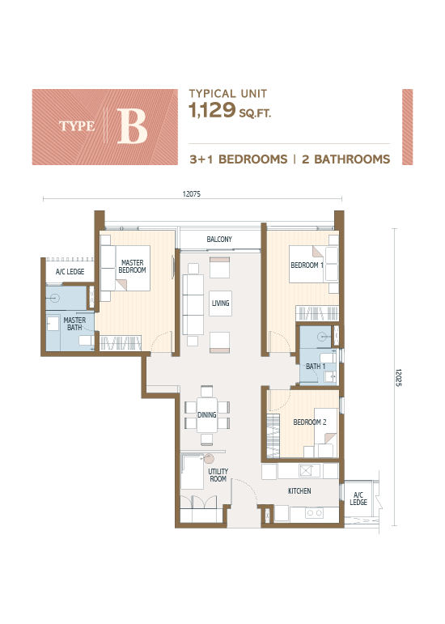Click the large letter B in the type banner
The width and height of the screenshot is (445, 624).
pos(132,127)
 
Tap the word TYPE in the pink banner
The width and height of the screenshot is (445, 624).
pos(78,126)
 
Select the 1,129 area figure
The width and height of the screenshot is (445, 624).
pos(212,112)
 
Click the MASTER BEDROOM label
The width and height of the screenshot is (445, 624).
pos(132,266)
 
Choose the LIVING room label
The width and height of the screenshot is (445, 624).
pos(220,304)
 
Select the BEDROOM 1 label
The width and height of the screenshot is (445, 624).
pos(307,265)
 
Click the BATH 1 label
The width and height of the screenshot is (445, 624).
pos(316,367)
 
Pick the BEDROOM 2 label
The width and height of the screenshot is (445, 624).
pos(310,422)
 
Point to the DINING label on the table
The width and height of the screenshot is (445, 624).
pos(207,415)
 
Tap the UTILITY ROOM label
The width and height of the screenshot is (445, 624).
pos(218,475)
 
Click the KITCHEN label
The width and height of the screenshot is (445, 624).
pos(300,491)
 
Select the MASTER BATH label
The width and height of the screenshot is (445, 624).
pos(74,325)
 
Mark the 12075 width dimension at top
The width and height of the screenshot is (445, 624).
pos(191,194)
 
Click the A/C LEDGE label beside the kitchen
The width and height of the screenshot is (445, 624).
pos(358,499)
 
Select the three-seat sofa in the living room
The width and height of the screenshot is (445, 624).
pos(193,299)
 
